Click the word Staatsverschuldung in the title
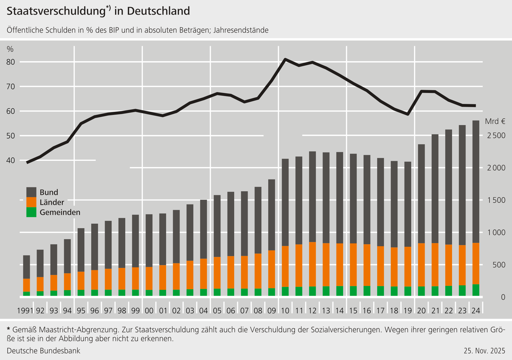tap(56, 11)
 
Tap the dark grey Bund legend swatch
tap(31, 192)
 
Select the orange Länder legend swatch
tap(31, 202)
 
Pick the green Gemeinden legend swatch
tap(31, 212)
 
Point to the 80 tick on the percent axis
tap(11, 62)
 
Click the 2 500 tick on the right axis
tap(496, 135)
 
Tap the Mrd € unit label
tap(495, 121)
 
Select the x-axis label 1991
tap(25, 311)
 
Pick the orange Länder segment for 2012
tap(312, 264)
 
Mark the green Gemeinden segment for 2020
tap(421, 291)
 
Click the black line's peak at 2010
tap(285, 59)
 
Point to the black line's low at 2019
tap(408, 114)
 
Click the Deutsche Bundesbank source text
tap(43, 351)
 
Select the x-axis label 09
tap(272, 311)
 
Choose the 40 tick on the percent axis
tap(11, 160)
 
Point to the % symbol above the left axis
tap(10, 49)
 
